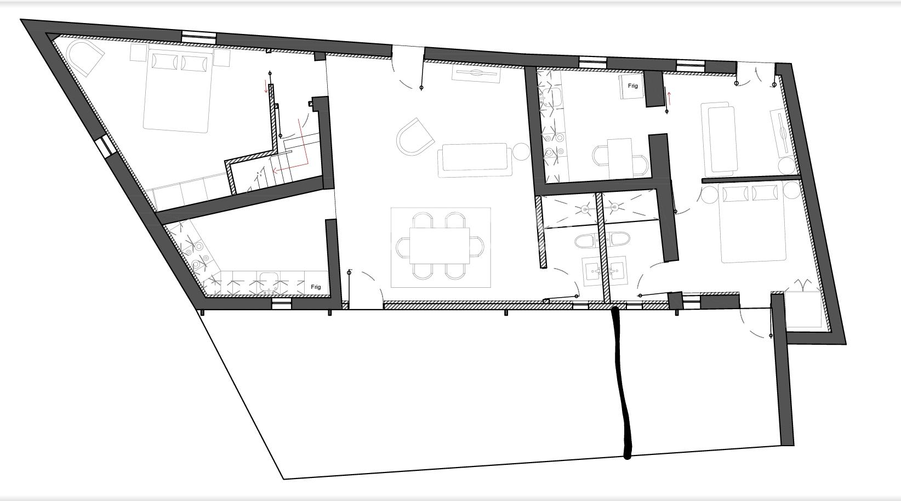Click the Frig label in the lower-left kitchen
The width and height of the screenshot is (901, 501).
[316, 287]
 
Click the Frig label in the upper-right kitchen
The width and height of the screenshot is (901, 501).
[632, 86]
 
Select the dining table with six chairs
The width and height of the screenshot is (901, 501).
[440, 246]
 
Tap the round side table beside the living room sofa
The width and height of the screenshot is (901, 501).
[521, 152]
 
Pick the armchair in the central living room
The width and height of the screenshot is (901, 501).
[415, 137]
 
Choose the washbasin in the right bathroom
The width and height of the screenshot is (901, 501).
[616, 270]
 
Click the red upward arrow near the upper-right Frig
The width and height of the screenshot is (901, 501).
[670, 98]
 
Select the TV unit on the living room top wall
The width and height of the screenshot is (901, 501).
[476, 73]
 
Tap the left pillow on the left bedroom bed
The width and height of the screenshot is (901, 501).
[164, 61]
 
